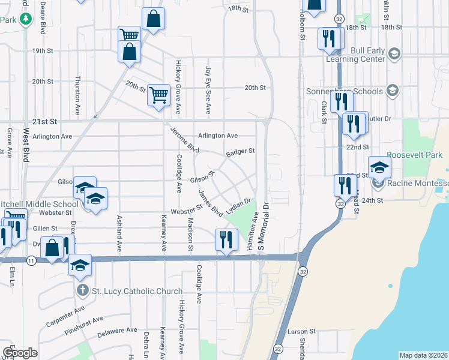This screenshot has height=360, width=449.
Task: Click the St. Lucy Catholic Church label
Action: (137, 292)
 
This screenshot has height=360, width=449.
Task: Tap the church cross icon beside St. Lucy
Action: (83, 292)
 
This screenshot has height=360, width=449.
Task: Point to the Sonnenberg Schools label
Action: (353, 91)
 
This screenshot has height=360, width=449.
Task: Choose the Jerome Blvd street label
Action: (184, 139)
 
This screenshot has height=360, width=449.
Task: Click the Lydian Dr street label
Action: (238, 208)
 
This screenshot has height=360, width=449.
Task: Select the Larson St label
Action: (301, 331)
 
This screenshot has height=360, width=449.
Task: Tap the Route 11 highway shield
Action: (31, 260)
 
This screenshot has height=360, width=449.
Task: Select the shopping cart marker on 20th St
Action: (158, 95)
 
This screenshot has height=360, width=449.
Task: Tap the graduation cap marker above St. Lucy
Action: (80, 265)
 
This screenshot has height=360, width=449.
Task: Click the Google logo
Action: (20, 353)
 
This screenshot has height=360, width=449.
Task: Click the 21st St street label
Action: (44, 121)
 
